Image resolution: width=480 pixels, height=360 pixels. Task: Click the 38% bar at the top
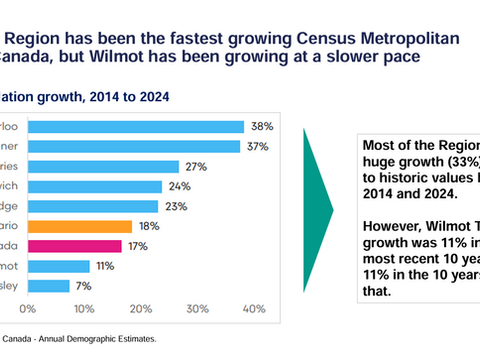(136, 127)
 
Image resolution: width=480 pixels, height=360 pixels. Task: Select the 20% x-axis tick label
(141, 308)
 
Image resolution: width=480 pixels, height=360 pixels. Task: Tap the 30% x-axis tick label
(198, 308)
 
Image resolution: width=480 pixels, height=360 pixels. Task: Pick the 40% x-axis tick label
(254, 308)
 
